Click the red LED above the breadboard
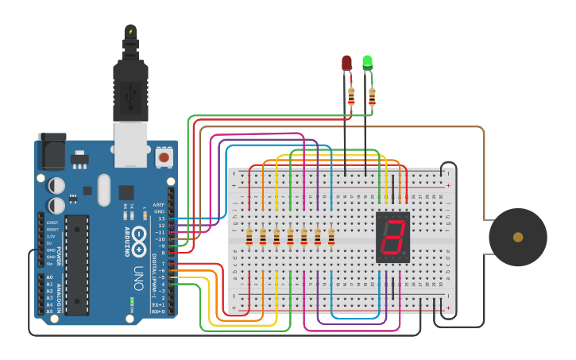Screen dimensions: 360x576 (346, 63)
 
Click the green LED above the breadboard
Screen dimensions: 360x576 (367, 62)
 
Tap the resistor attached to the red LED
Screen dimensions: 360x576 (351, 95)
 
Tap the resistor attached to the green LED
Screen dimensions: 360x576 (372, 96)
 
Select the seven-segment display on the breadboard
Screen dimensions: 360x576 (393, 237)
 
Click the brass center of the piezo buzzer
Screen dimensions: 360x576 (518, 237)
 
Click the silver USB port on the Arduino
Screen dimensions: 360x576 (130, 144)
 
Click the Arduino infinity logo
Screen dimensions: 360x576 (138, 236)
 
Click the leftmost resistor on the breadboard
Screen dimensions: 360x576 (249, 237)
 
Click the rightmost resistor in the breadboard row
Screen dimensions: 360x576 (331, 237)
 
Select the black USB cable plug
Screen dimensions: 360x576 (130, 87)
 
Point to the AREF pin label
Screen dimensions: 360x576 (159, 204)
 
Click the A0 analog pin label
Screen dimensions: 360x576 (49, 277)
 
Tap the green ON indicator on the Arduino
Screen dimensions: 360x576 (132, 301)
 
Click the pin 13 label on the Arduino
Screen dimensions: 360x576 (161, 219)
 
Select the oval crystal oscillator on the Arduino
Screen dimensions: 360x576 (104, 190)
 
